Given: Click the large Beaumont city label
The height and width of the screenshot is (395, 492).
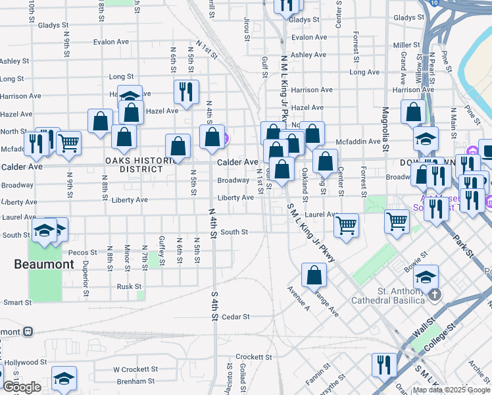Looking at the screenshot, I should (45, 264).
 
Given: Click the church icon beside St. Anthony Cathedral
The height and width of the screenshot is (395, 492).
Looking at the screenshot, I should (435, 297).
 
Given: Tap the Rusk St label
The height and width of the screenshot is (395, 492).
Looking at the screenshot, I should (130, 286).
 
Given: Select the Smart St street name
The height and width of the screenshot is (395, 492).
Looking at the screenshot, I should (17, 303).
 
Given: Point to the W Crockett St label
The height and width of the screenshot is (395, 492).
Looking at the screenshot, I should (135, 369).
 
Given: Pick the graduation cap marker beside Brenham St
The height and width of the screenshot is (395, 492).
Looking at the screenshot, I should (64, 378).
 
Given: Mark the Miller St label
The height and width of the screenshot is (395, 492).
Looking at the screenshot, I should (406, 45).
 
